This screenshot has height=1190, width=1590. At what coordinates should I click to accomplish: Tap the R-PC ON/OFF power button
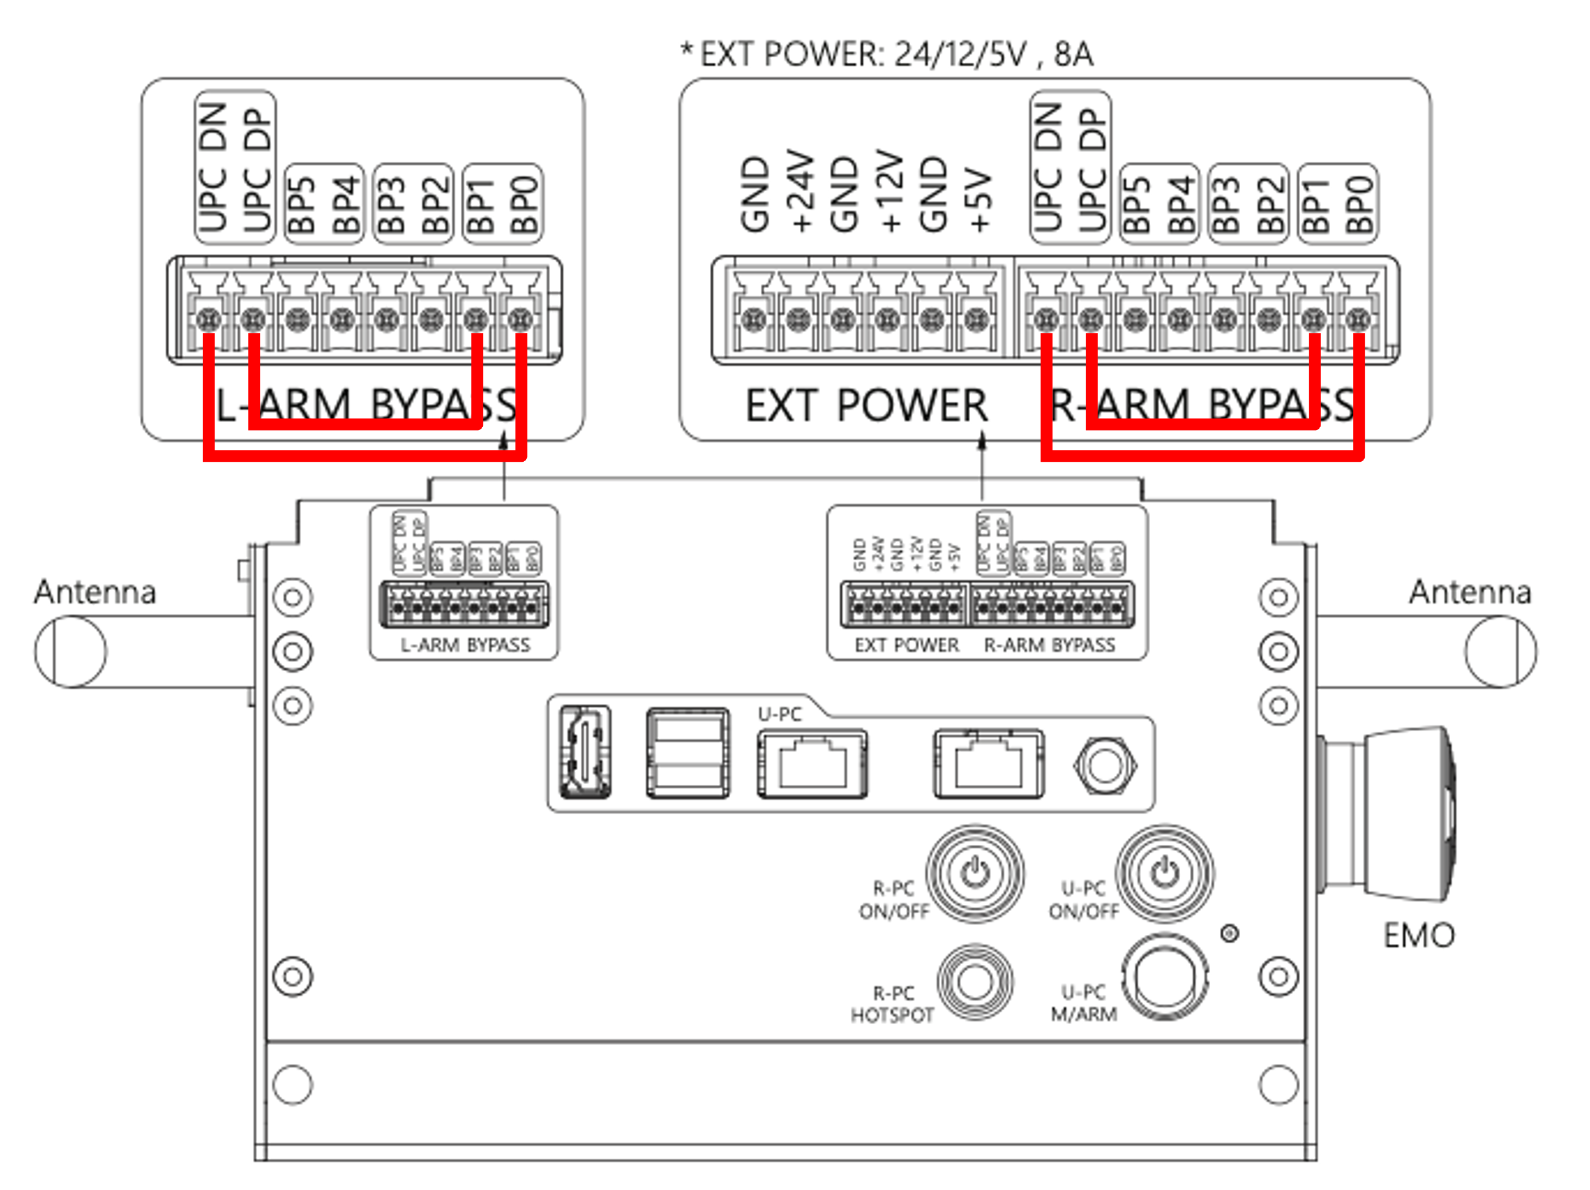point(975,874)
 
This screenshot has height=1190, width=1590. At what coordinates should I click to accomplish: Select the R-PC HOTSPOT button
point(975,982)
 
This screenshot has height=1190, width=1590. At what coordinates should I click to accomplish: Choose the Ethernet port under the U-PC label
point(812,763)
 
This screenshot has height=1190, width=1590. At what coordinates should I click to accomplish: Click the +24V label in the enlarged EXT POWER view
point(801,191)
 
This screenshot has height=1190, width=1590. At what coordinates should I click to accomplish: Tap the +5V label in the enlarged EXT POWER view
point(979,200)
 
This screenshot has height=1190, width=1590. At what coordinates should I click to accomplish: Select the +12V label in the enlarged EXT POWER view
point(890,191)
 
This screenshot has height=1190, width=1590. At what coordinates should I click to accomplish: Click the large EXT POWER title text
point(866,406)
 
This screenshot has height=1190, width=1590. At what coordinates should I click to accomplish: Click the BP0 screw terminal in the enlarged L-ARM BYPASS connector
point(520,319)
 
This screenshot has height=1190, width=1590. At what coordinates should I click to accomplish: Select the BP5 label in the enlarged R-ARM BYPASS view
point(1137,205)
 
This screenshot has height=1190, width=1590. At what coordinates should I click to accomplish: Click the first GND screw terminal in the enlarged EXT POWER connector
point(754,319)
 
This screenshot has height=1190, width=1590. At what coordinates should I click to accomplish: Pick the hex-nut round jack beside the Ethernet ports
point(1105,765)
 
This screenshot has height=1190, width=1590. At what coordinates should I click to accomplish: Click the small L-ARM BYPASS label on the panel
point(465,645)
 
